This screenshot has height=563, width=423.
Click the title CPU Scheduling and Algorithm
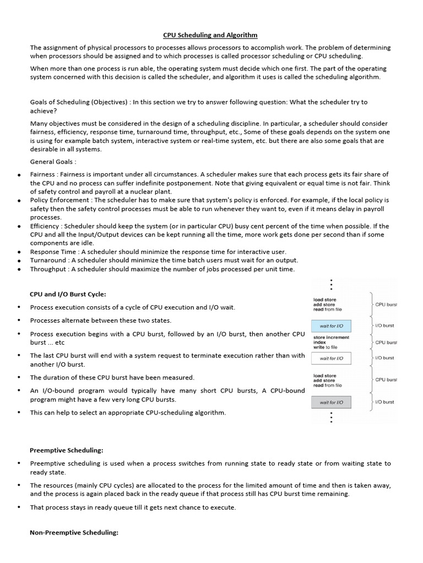click(210, 35)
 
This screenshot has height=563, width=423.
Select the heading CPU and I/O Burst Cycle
click(68, 294)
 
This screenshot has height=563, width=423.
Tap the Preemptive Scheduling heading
click(66, 450)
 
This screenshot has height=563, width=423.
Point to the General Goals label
click(53, 162)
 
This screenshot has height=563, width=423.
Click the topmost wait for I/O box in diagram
click(331, 325)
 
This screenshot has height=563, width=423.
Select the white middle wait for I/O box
click(331, 358)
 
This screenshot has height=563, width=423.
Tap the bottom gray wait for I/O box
click(331, 402)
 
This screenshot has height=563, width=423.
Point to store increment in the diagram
click(331, 337)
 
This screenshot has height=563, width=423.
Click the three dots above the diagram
click(330, 284)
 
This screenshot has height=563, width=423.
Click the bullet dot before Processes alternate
click(19, 321)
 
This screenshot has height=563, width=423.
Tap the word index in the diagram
click(319, 342)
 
